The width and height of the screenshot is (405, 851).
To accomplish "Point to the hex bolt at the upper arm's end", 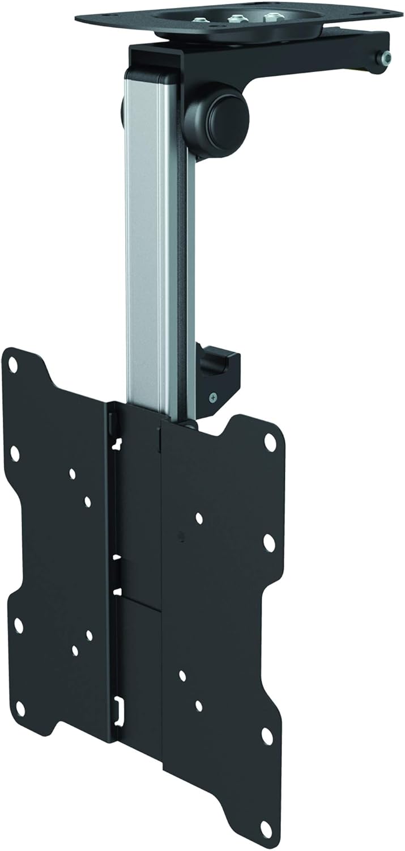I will (386, 57).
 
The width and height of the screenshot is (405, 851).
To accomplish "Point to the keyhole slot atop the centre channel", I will (118, 441).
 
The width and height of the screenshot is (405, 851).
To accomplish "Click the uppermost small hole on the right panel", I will (199, 518).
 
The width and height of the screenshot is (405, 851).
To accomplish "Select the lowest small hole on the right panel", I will (199, 705).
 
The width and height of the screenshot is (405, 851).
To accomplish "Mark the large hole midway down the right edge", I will (269, 543).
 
